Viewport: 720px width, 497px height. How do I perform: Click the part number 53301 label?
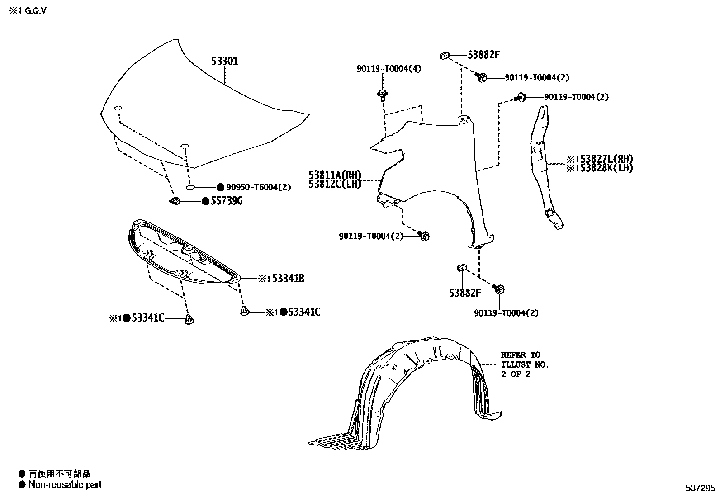(225, 61)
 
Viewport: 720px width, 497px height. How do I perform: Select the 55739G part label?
(226, 201)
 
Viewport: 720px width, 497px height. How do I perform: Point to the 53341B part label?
(288, 279)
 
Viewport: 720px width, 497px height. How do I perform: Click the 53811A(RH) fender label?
(335, 175)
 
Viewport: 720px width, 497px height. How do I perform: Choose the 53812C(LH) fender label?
(335, 184)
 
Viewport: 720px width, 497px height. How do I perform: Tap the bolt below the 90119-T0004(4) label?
(383, 94)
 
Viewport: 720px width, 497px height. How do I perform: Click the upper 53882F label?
(483, 55)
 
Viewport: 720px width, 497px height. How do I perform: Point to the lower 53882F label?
(465, 293)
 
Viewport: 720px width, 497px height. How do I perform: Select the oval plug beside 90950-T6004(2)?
(190, 187)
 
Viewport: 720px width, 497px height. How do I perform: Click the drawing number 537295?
(700, 488)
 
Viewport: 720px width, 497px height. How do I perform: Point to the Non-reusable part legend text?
(65, 485)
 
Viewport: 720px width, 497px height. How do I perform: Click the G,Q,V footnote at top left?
(28, 10)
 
